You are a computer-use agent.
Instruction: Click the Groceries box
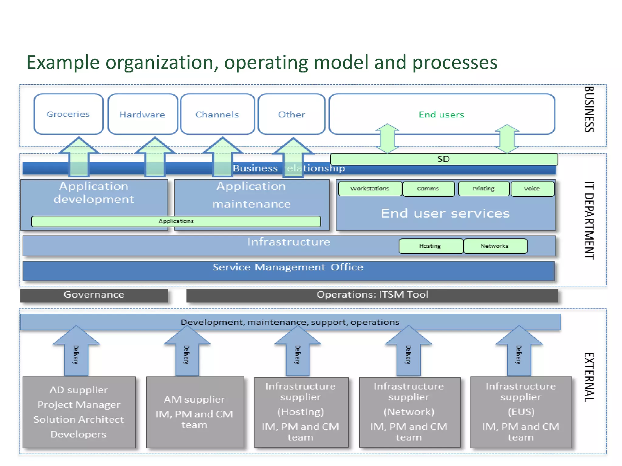(x=68, y=114)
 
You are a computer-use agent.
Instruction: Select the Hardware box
(x=142, y=114)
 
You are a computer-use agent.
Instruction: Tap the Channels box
(x=217, y=114)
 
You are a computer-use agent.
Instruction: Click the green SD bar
(x=443, y=159)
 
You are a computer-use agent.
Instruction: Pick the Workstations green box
(x=370, y=188)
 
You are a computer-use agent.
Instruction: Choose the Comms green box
(x=428, y=188)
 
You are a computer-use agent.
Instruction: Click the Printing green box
(x=484, y=188)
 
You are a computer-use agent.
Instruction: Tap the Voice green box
(x=532, y=188)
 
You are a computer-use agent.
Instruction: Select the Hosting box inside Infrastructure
(x=430, y=246)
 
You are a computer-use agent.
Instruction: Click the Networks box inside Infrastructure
(x=495, y=246)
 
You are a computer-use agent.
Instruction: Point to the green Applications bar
(x=176, y=221)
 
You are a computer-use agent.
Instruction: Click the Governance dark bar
(x=94, y=295)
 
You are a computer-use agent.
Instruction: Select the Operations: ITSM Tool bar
(x=372, y=295)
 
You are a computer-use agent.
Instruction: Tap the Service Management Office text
(x=288, y=267)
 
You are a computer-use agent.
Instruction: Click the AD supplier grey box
(x=79, y=412)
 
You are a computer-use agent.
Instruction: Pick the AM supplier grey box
(x=195, y=412)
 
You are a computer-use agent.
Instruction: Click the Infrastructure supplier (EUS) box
(x=521, y=412)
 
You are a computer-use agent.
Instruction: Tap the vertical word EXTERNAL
(x=589, y=377)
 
